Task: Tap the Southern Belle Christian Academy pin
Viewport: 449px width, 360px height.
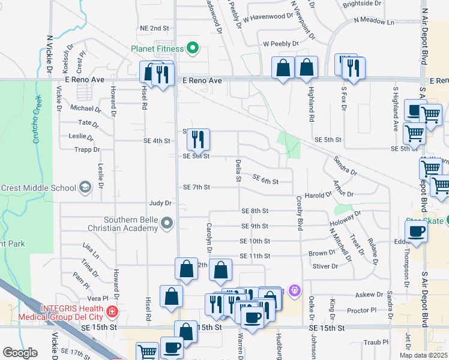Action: pos(167,224)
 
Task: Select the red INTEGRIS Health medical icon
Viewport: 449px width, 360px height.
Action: pos(111,312)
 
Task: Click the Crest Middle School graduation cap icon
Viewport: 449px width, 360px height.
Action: pos(85,188)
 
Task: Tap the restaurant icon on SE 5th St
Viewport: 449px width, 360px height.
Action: pos(198,140)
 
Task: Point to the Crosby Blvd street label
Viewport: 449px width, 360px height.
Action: pos(298,212)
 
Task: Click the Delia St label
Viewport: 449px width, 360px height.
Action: pos(238,170)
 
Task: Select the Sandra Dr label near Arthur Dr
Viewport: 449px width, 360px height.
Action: pos(345,167)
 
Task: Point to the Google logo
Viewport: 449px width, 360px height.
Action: pos(19,353)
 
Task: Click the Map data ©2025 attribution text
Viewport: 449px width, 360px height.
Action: pos(423,355)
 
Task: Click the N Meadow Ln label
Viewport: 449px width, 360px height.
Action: pos(373,22)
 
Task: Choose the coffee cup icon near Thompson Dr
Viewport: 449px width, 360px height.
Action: pos(416,232)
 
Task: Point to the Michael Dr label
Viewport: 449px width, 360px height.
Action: pos(86,109)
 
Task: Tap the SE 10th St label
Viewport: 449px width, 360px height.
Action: pos(255,241)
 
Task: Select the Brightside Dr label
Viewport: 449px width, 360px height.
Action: pos(362,4)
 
